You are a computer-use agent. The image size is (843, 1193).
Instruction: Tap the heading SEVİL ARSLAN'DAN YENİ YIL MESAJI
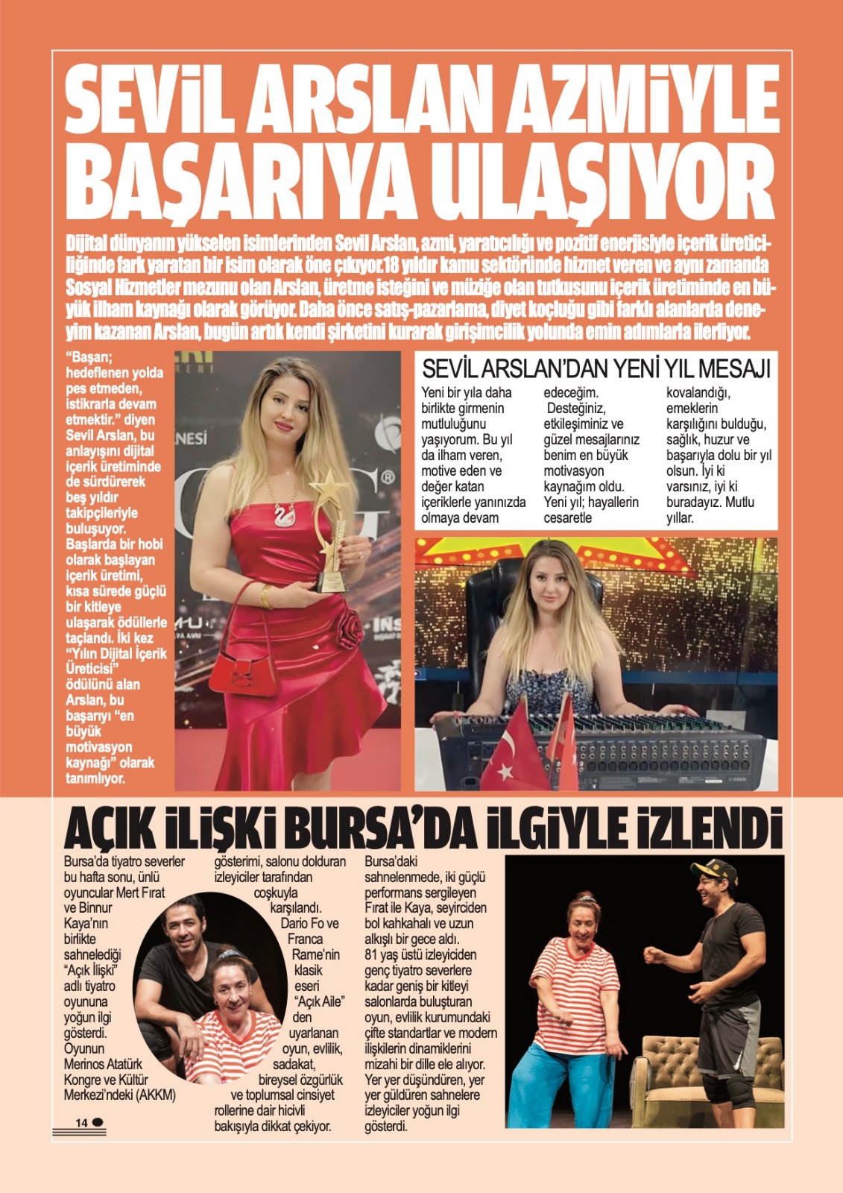tap(596, 368)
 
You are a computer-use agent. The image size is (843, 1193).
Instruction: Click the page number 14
tap(81, 1122)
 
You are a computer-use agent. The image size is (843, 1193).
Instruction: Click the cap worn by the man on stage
tap(713, 869)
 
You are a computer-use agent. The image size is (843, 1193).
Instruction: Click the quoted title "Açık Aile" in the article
tap(319, 1001)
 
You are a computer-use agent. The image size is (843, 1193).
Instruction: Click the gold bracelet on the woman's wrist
tap(266, 595)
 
